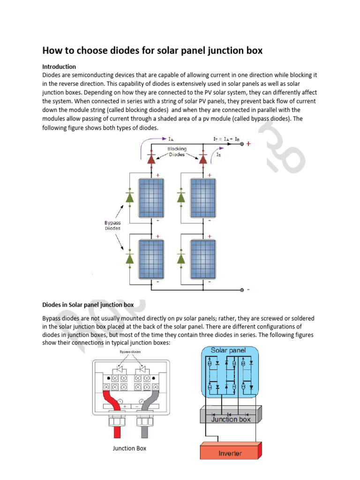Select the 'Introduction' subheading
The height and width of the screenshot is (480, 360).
point(59,67)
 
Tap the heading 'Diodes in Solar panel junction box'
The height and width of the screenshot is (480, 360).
point(88,305)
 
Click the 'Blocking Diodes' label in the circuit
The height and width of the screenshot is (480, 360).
point(177,151)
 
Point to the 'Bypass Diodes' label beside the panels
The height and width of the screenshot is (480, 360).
point(112,225)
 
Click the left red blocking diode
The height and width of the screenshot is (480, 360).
point(151,159)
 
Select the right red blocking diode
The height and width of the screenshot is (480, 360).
point(203,159)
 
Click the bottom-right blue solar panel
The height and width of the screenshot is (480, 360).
point(203,259)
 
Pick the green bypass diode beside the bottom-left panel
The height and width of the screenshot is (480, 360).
point(130,258)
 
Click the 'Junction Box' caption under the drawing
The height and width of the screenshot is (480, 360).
point(129,448)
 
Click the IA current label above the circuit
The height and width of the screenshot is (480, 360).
point(172,139)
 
